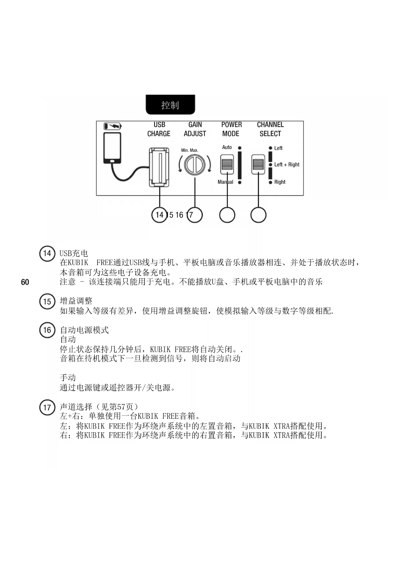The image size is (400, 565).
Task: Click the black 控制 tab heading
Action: tap(170, 105)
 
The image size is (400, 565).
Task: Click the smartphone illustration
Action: tap(112, 148)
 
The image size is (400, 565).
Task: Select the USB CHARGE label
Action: tap(159, 129)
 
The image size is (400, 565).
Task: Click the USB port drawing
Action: tap(159, 167)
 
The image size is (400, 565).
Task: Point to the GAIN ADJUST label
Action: tap(195, 129)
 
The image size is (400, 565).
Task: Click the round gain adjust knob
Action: tap(195, 165)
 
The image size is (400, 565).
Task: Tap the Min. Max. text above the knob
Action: tap(190, 150)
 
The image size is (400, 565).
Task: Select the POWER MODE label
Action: tap(231, 129)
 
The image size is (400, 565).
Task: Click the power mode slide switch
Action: tap(227, 164)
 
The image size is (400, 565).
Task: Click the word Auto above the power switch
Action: tap(227, 147)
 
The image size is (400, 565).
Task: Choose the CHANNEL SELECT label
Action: tap(270, 129)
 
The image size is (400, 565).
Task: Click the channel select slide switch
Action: tap(258, 164)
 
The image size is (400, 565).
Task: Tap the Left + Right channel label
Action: tap(287, 165)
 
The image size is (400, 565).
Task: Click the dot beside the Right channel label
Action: tap(271, 182)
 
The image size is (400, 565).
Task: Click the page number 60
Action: tap(25, 282)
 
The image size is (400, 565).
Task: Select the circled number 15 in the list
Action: tap(47, 302)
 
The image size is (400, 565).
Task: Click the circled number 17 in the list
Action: tap(47, 407)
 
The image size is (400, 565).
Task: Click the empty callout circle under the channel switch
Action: tap(258, 215)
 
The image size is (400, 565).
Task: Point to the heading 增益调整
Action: tap(76, 301)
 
